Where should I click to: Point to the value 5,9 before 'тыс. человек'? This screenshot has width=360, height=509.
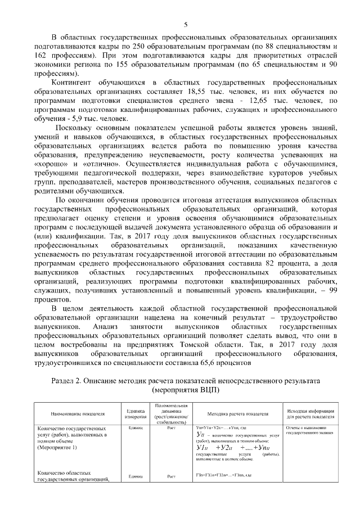73,119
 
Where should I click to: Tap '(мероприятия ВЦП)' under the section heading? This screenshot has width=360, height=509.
186,390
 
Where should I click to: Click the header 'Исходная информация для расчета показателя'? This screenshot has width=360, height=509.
311,414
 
